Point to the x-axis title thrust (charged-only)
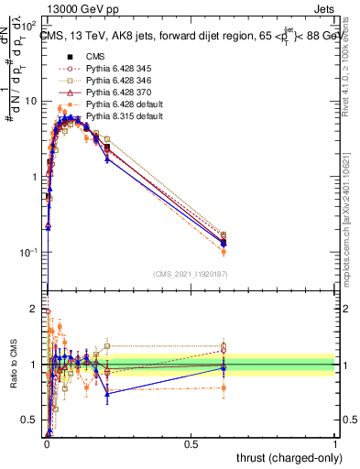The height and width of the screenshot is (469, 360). [x=285, y=457]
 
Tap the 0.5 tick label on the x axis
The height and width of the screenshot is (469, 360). [x=191, y=444]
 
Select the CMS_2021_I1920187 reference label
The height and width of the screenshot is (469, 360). [x=191, y=273]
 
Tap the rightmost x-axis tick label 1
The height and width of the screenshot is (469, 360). [x=334, y=444]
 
